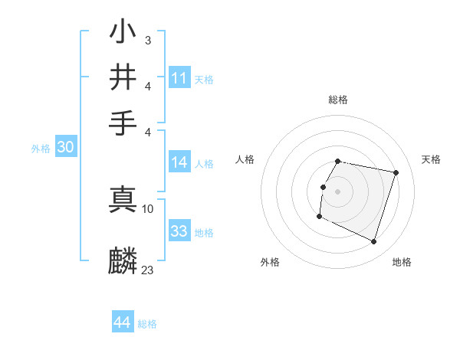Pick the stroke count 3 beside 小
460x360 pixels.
coord(147,38)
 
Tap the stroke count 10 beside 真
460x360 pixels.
coord(148,208)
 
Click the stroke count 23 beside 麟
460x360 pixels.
coord(148,270)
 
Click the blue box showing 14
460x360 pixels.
coord(179,162)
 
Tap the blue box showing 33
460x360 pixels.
coord(179,231)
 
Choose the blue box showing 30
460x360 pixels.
coord(65,148)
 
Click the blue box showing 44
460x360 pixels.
coord(123,322)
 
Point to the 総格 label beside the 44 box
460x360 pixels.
coord(147,324)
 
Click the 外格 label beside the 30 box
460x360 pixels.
coord(41,149)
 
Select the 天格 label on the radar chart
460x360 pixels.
coord(432,159)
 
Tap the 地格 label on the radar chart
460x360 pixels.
coord(402,262)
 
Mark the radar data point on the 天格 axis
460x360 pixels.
coord(396,173)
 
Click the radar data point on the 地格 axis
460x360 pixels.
coord(373,241)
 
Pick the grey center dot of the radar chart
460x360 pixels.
coord(337,191)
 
